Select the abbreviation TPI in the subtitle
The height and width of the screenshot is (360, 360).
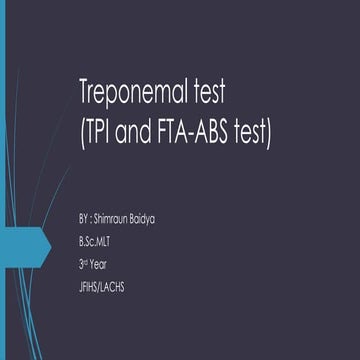(x=101, y=131)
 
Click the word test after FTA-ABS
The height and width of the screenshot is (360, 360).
(x=254, y=131)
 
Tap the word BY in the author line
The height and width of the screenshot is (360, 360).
(x=84, y=217)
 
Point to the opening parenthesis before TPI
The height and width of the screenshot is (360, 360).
(x=82, y=132)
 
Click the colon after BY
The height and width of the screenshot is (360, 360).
(x=95, y=218)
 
